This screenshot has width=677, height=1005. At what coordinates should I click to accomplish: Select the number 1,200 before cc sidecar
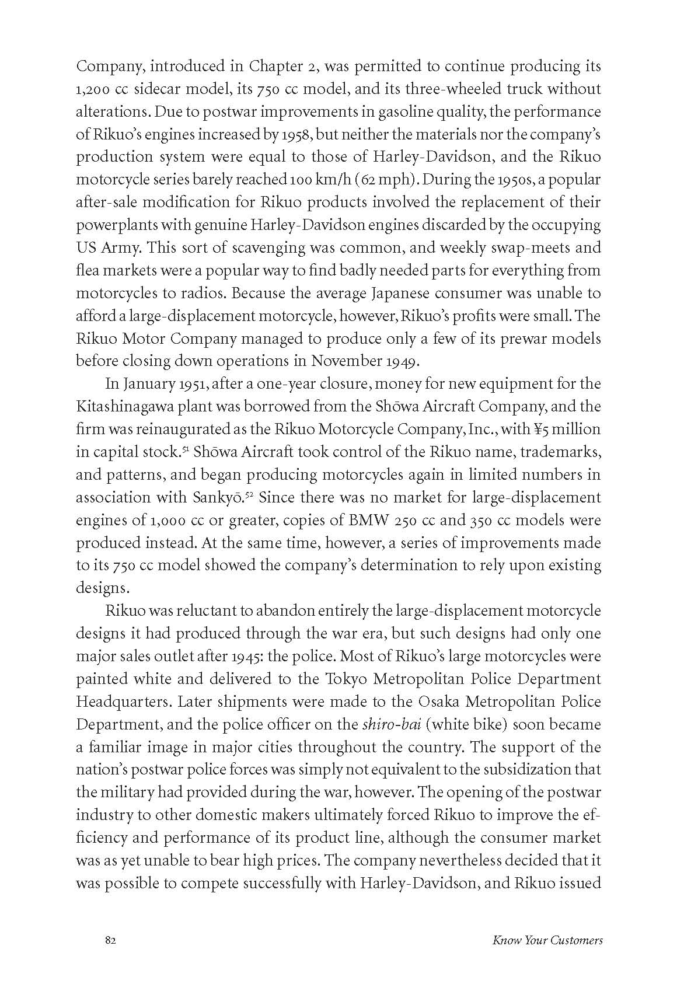coord(93,89)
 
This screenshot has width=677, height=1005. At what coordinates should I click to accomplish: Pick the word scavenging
coord(266,247)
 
